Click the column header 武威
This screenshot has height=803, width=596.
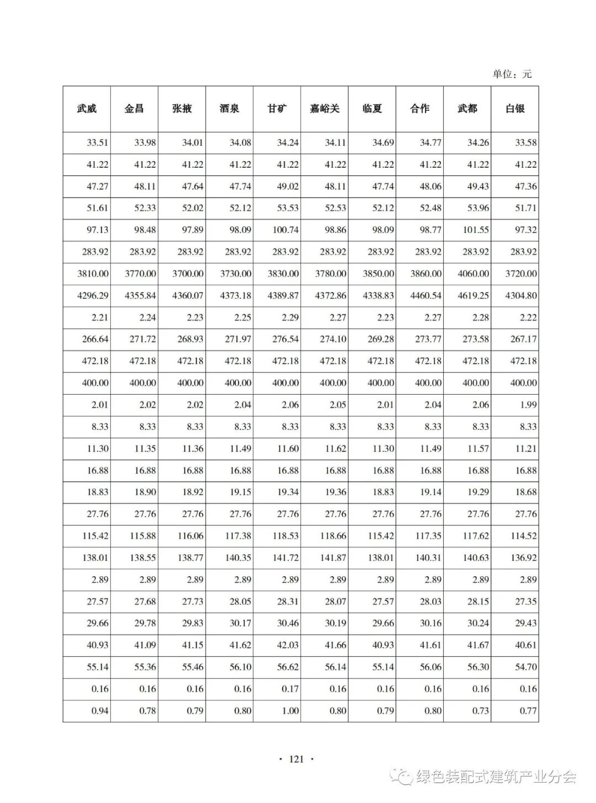(87, 109)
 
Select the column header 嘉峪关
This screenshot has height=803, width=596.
(324, 109)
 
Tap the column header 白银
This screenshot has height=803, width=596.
(515, 109)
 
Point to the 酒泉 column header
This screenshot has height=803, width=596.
(229, 109)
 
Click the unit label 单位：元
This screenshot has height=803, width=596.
(512, 74)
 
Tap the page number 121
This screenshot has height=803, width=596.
(297, 759)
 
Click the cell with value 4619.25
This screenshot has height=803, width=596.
(473, 296)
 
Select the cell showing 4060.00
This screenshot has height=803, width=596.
(473, 274)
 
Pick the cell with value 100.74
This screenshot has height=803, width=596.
(285, 230)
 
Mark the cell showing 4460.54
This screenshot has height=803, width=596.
(425, 296)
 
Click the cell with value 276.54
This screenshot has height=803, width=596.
(285, 339)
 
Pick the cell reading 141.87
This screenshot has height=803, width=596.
(333, 558)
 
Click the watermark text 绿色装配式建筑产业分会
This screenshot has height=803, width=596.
(496, 777)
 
